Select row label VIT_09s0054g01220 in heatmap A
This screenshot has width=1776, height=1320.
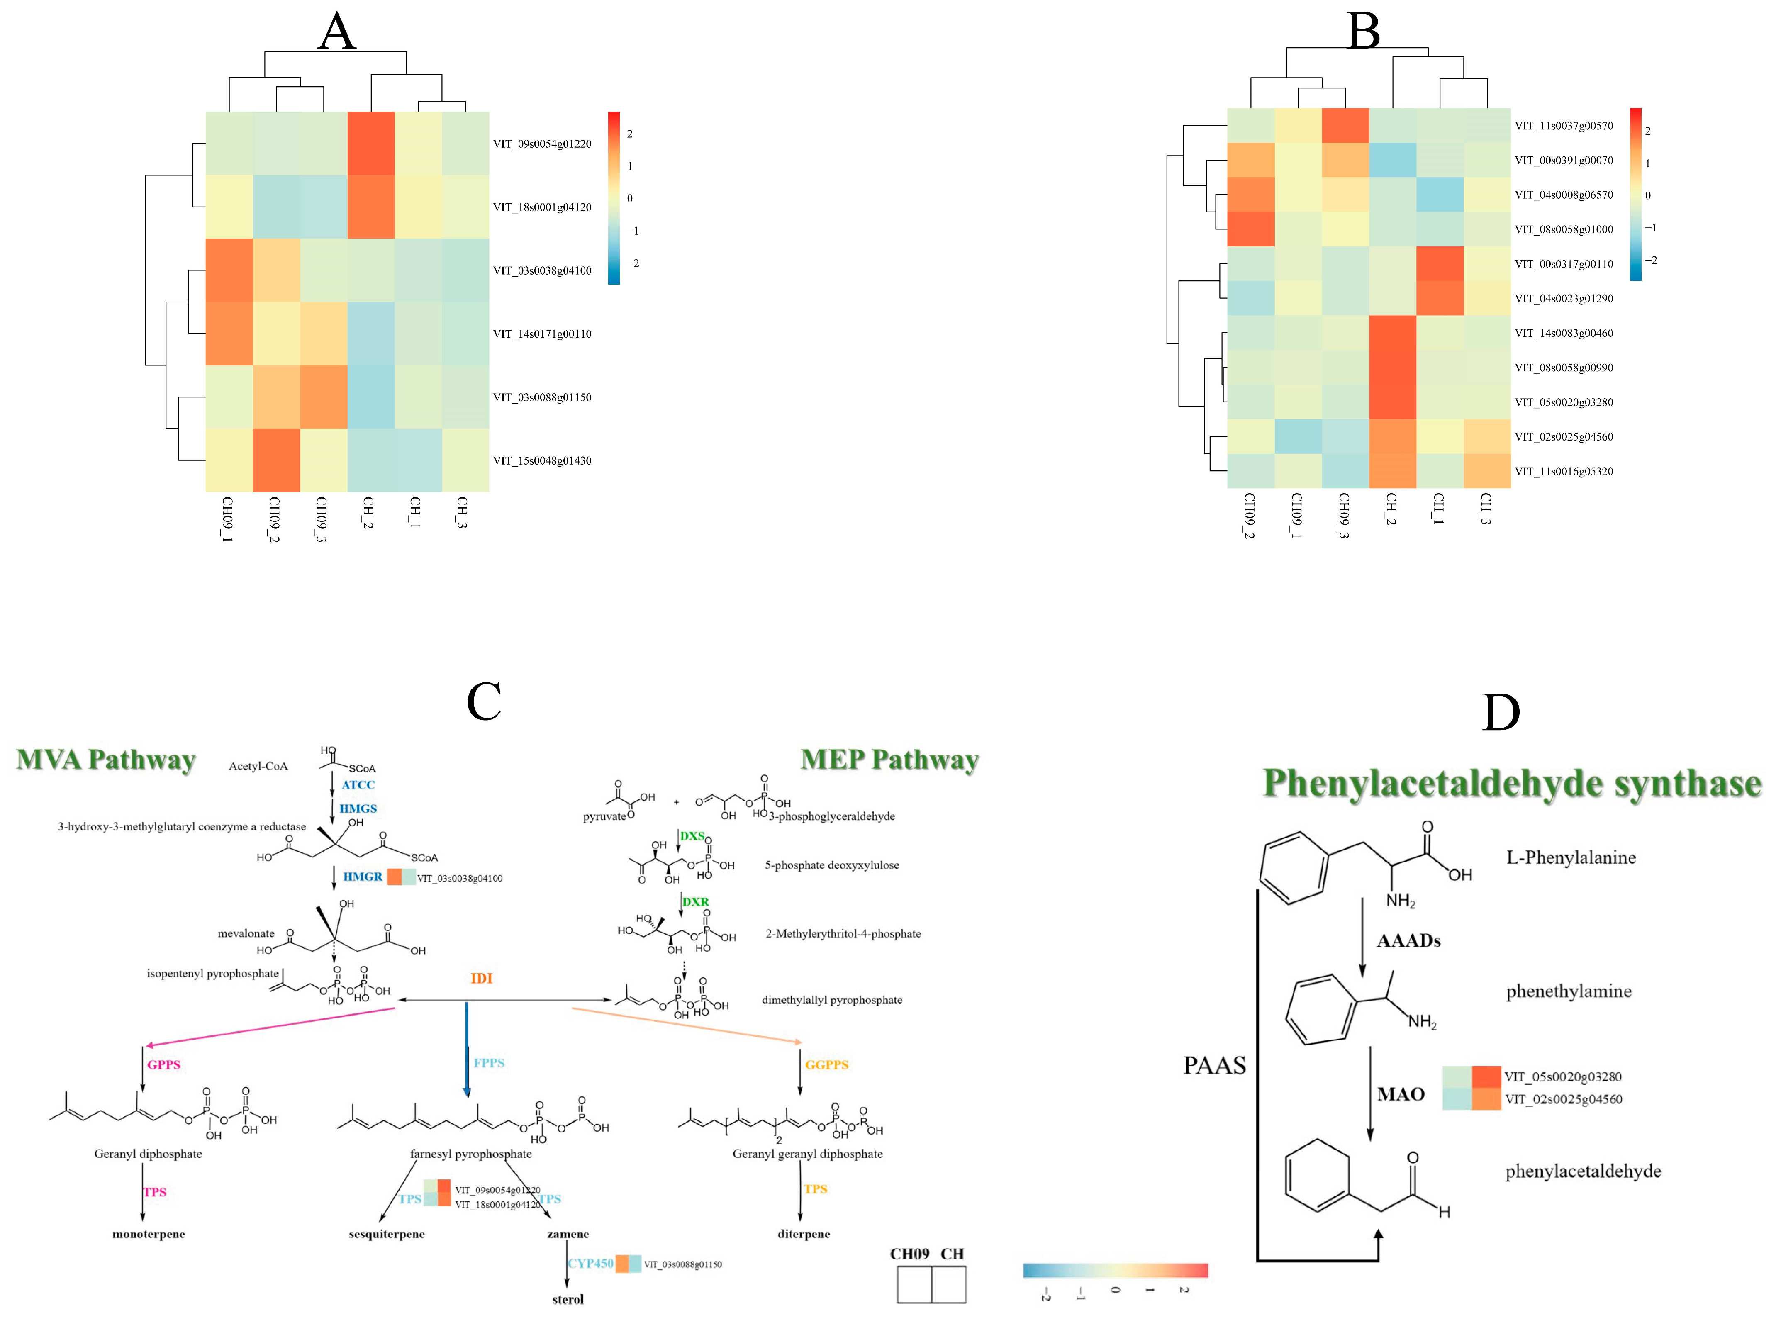(542, 144)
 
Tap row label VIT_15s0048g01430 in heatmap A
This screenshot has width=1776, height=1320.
(542, 460)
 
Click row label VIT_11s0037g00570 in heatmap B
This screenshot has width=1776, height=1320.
(1564, 125)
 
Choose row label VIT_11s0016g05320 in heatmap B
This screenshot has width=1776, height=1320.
(1564, 471)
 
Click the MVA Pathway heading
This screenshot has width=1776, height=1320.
(105, 759)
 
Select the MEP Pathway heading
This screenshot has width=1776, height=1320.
(889, 759)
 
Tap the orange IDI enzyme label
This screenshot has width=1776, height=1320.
(481, 978)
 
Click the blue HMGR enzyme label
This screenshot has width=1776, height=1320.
(363, 877)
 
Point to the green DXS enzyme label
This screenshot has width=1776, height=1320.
(692, 836)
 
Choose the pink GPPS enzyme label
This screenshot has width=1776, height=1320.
(164, 1064)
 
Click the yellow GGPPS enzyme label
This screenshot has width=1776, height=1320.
(826, 1064)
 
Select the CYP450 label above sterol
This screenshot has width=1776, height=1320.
(590, 1263)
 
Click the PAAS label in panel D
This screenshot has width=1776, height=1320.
(1213, 1065)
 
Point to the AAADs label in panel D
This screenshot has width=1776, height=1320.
(1408, 940)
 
